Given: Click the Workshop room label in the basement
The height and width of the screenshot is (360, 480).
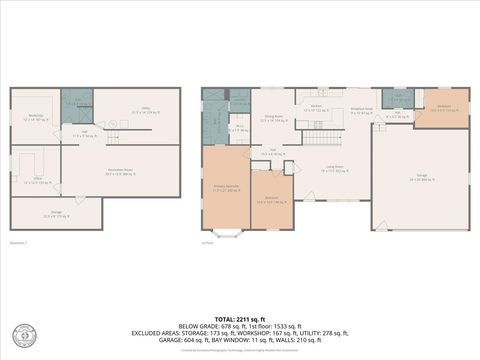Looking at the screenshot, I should [x=36, y=116].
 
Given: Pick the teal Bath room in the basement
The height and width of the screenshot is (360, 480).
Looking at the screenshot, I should [x=78, y=100].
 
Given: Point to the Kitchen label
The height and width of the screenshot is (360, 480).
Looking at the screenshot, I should [x=315, y=108].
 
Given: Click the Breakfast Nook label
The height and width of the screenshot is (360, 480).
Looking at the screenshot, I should [x=361, y=110].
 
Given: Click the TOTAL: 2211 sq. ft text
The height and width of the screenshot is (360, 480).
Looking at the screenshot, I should [x=240, y=319].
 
